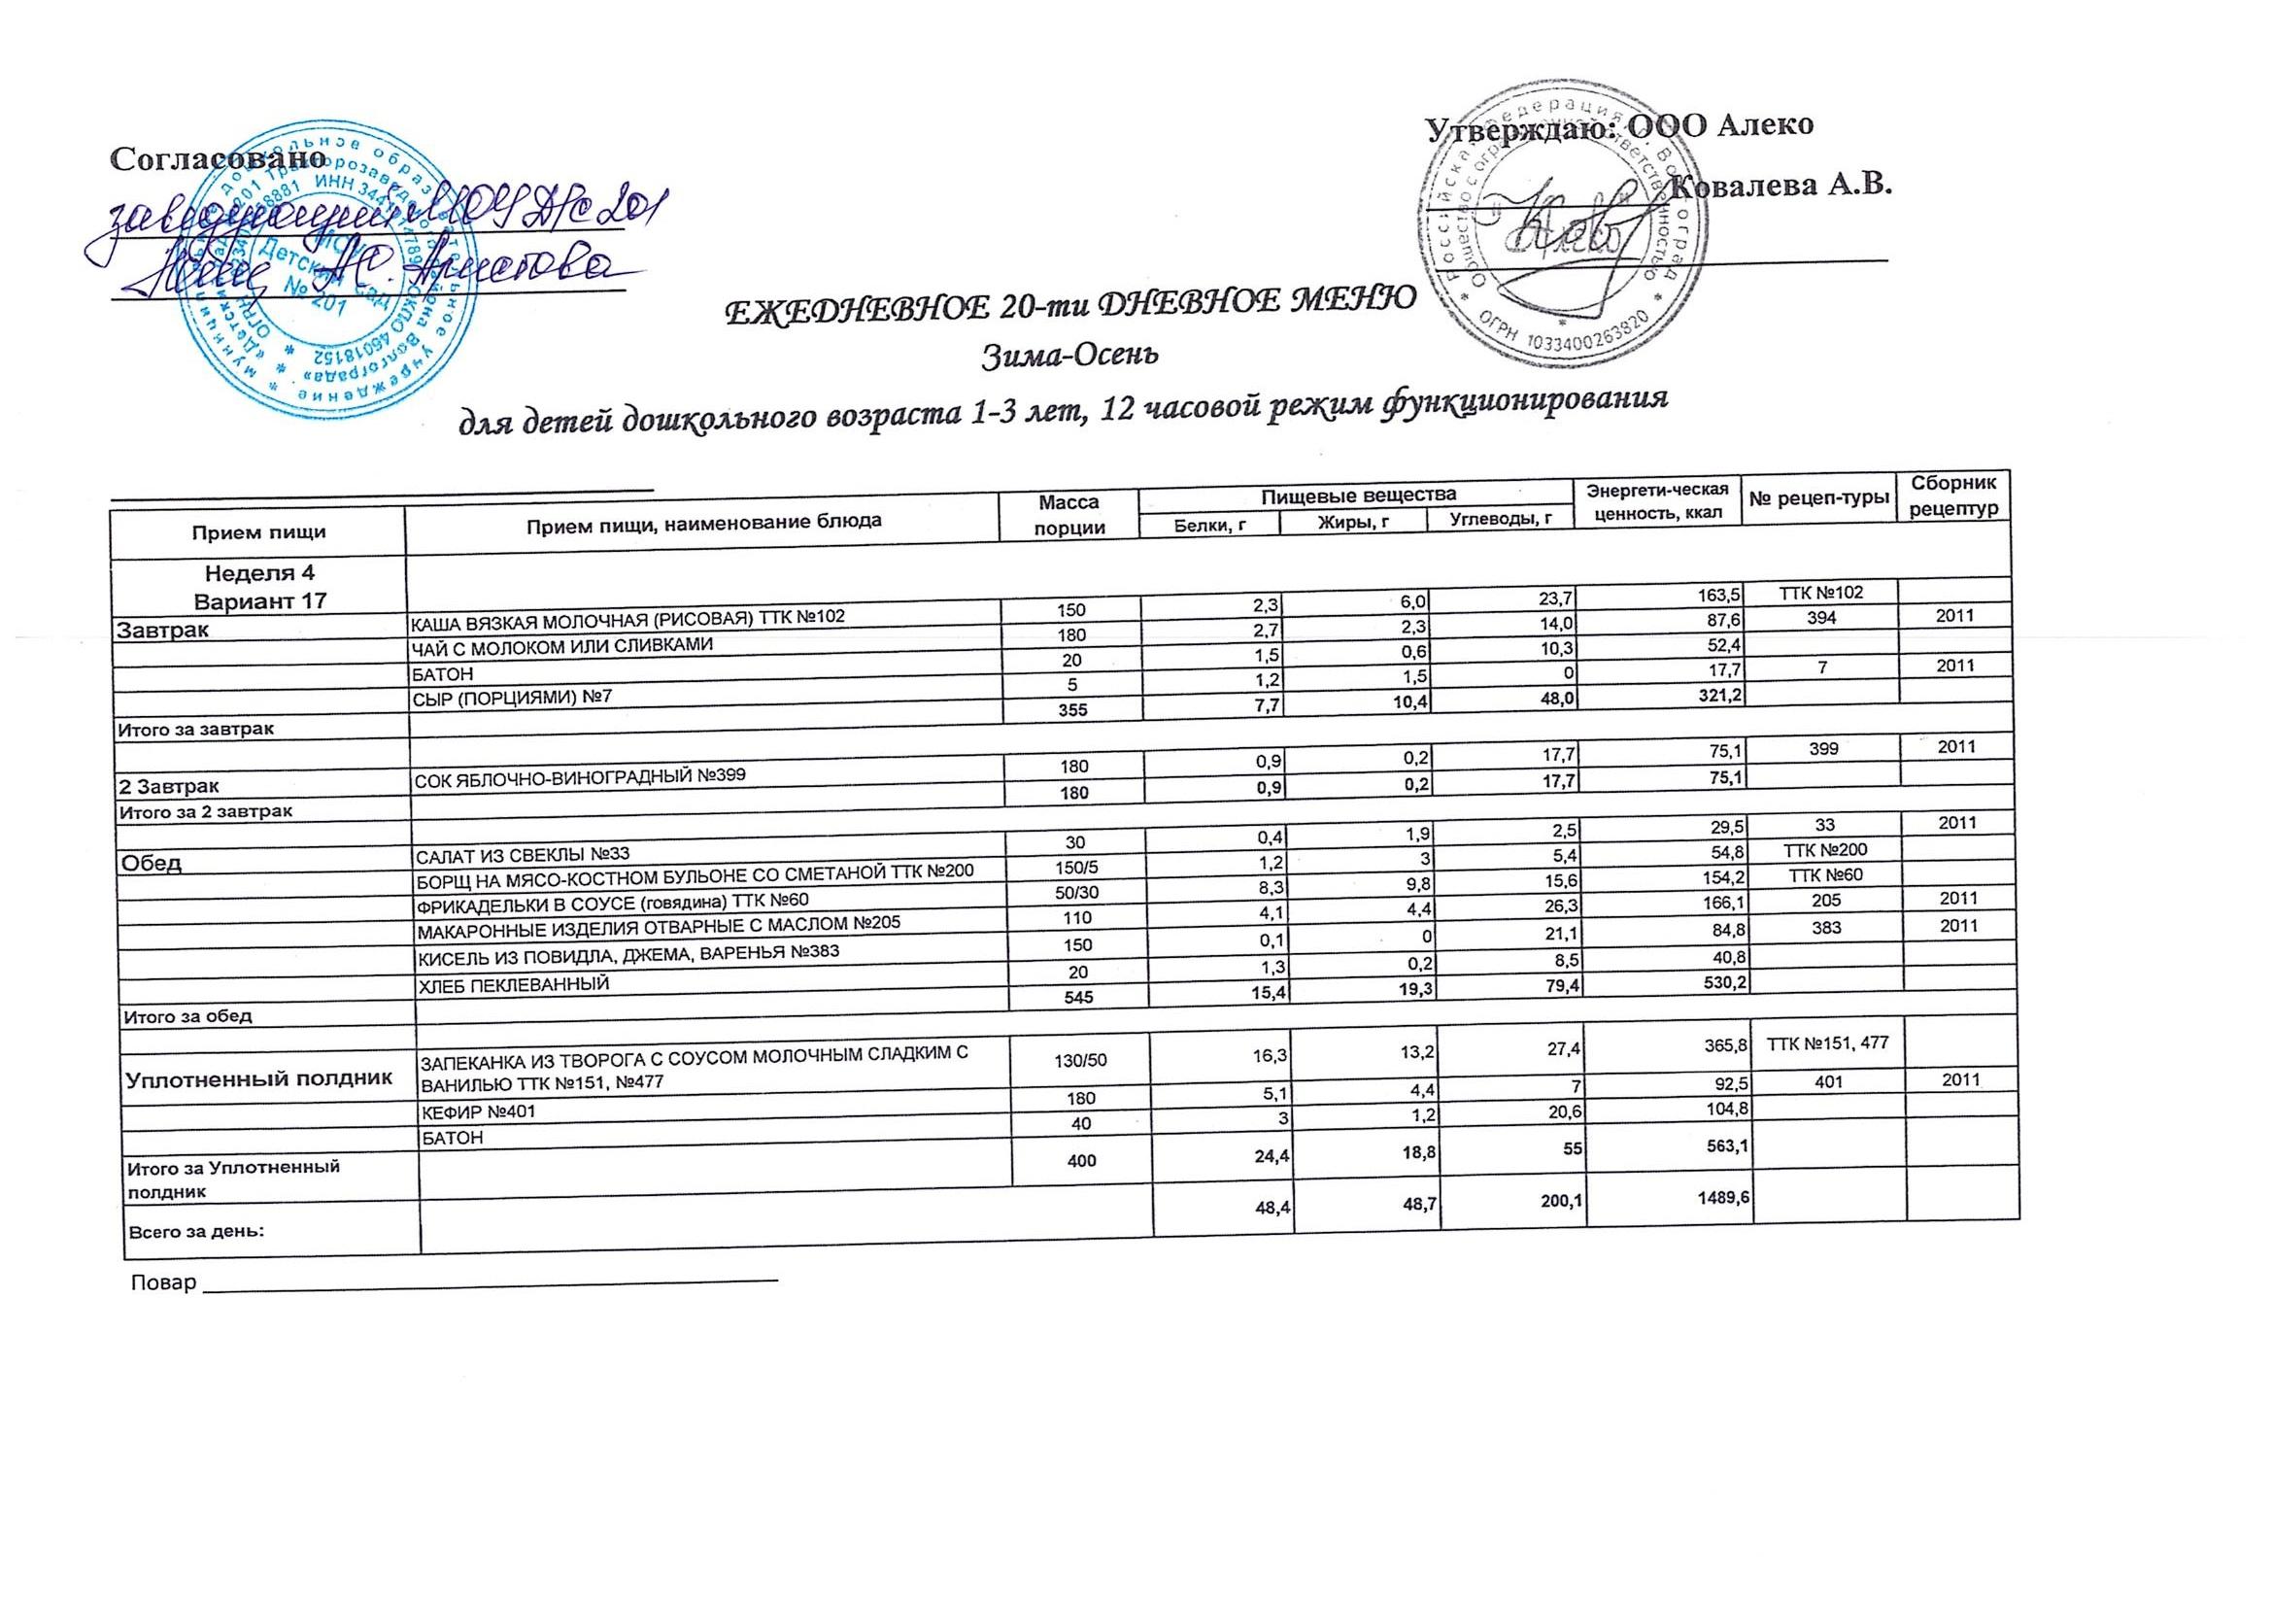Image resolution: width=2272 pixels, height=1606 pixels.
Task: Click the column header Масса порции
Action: (x=1067, y=515)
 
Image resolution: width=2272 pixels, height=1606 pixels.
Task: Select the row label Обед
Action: (x=152, y=862)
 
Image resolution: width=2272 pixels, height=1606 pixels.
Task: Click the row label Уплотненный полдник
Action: (x=258, y=1077)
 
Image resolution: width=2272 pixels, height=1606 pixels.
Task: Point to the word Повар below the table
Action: (x=163, y=1283)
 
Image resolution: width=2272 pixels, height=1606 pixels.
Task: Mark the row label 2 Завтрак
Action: (x=169, y=785)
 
